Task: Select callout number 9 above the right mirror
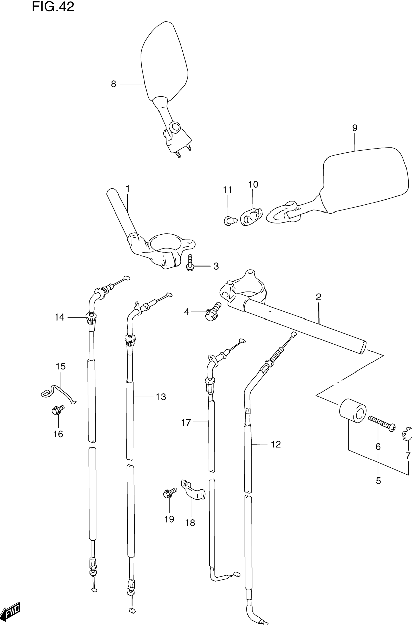point(355,128)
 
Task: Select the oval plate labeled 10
point(252,217)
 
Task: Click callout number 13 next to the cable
point(161,397)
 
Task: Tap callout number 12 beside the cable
point(276,444)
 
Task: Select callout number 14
point(59,317)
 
